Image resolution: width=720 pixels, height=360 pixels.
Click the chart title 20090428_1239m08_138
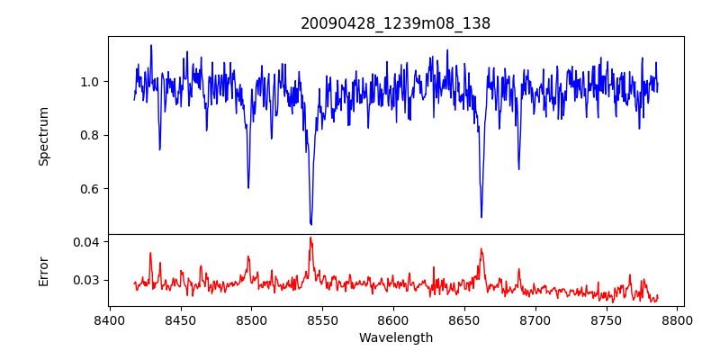point(395,23)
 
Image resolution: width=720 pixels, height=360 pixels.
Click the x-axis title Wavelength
point(395,338)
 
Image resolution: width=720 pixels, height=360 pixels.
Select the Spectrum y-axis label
point(43,136)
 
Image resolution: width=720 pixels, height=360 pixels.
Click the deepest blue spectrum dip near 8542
point(310,223)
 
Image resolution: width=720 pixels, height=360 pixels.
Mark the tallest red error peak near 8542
point(310,238)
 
